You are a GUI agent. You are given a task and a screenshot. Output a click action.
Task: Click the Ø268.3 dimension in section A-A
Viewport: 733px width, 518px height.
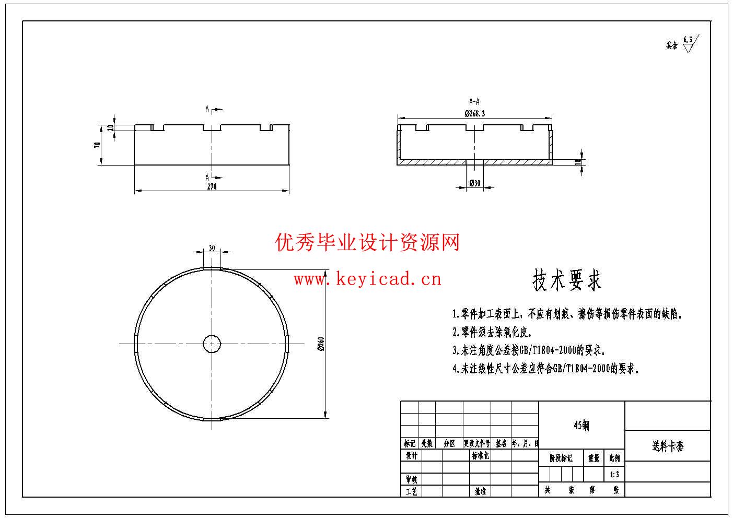[x=475, y=113]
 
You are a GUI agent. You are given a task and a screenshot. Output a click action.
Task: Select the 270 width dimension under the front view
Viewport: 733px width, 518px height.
[x=212, y=186]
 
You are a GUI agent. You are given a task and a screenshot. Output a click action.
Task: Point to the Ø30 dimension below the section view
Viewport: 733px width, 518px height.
[x=475, y=183]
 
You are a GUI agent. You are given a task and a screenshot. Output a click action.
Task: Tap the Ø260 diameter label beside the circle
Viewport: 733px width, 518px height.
[x=321, y=344]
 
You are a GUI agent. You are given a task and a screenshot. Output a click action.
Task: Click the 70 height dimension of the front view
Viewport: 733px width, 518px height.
[x=97, y=145]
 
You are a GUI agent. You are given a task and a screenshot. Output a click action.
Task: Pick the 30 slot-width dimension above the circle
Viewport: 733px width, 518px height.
[x=212, y=248]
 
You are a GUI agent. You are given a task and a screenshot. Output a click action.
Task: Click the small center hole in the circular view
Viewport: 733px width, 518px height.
[x=212, y=344]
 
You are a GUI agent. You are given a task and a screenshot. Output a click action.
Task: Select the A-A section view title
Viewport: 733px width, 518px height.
[x=474, y=102]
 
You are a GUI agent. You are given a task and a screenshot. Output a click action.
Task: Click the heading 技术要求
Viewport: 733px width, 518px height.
[x=567, y=280]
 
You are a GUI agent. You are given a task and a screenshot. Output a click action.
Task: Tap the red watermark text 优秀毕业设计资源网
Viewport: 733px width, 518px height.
[x=367, y=243]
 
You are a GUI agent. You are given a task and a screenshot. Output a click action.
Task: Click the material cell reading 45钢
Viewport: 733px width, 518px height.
[x=581, y=426]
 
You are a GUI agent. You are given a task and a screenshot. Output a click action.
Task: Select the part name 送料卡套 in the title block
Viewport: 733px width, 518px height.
[x=667, y=446]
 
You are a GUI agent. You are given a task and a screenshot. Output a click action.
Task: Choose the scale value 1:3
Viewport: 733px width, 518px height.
[x=614, y=475]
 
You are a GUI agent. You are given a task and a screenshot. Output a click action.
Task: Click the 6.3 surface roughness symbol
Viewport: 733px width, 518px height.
[x=689, y=43]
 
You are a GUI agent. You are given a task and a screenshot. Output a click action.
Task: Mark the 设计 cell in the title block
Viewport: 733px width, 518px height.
[x=411, y=455]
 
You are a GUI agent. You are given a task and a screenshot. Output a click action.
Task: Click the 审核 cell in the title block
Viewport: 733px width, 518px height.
[x=411, y=479]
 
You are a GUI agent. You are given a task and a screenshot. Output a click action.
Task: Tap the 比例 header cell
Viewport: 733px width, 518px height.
[x=614, y=458]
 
